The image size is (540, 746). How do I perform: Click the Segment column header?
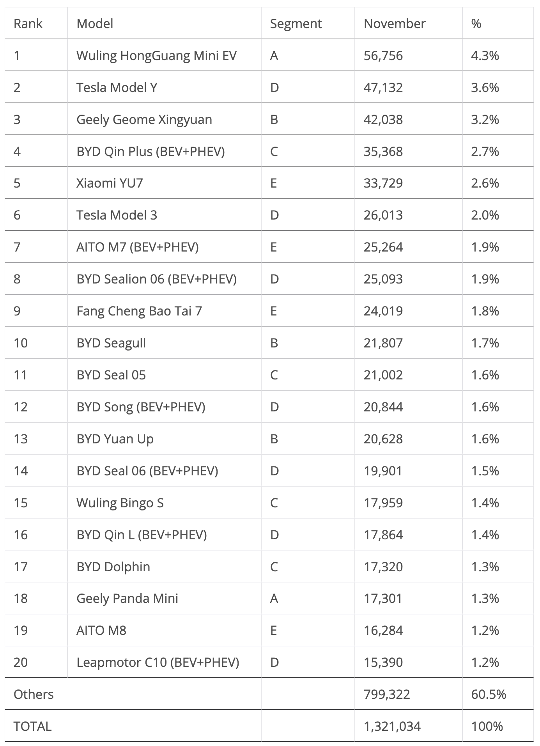[296, 24]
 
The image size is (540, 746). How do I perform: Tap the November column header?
[394, 24]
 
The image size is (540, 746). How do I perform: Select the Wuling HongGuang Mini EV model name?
[156, 56]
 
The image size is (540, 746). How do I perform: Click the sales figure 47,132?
[383, 88]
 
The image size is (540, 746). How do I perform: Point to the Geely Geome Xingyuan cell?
[144, 120]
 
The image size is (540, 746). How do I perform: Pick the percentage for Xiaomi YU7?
[485, 183]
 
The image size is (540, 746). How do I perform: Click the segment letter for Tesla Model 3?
[274, 215]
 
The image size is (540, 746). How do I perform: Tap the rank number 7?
[17, 247]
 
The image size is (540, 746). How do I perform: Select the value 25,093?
[383, 279]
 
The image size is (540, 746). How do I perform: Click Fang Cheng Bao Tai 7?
[139, 311]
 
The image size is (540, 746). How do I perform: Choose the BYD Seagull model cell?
[111, 343]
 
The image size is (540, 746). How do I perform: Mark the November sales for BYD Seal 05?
[383, 375]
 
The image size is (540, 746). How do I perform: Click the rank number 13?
[21, 439]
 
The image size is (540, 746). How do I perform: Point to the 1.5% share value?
[485, 471]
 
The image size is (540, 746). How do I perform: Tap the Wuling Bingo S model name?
[120, 503]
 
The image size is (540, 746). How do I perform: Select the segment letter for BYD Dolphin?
[274, 567]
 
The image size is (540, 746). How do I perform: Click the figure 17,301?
[383, 599]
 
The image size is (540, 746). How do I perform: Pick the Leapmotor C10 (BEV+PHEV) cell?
[158, 663]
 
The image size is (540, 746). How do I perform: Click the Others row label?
[34, 695]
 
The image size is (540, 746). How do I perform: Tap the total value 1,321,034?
[392, 727]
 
